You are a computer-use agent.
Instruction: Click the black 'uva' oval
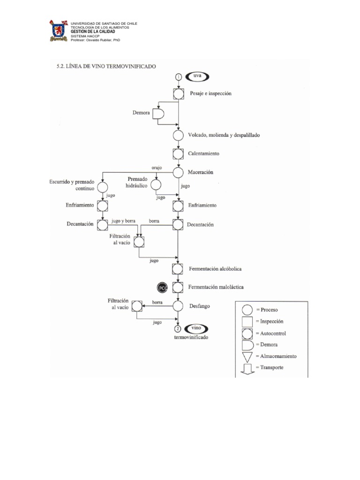point(197,76)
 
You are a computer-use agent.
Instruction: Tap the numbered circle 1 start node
point(178,76)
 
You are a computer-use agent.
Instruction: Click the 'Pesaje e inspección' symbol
point(178,94)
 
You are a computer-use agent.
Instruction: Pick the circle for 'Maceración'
point(178,172)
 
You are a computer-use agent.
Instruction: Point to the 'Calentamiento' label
point(203,154)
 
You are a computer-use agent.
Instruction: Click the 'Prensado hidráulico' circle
point(156,186)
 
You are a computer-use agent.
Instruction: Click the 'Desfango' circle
point(178,306)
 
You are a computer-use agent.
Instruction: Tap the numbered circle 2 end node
point(178,329)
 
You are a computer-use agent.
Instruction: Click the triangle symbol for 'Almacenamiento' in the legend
point(247,356)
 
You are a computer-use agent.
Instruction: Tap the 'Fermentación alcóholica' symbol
point(178,269)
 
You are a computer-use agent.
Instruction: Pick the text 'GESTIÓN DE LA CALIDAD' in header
point(92,32)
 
